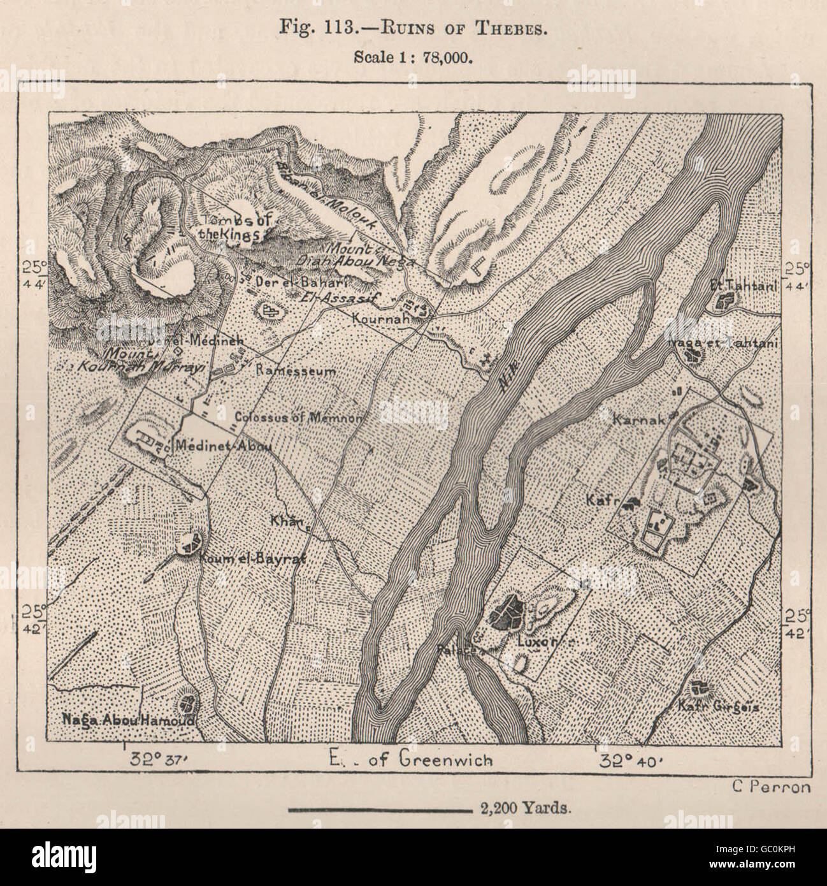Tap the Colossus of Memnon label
coord(299,418)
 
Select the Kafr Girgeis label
coord(719,706)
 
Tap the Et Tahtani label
coord(743,287)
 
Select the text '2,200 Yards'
coord(521,810)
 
